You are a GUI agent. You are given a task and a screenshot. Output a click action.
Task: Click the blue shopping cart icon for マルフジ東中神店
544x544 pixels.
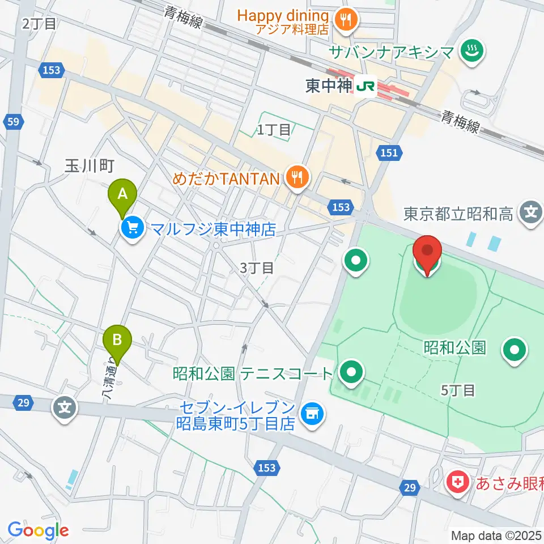(x=133, y=229)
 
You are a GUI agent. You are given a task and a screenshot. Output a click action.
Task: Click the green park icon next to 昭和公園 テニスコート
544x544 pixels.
(x=351, y=373)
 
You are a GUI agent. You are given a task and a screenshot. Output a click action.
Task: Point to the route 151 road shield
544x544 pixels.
(x=389, y=151)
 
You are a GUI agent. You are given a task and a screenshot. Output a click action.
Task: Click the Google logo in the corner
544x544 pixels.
(x=38, y=531)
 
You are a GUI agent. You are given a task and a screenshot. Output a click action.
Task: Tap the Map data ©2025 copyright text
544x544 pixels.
(x=496, y=535)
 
